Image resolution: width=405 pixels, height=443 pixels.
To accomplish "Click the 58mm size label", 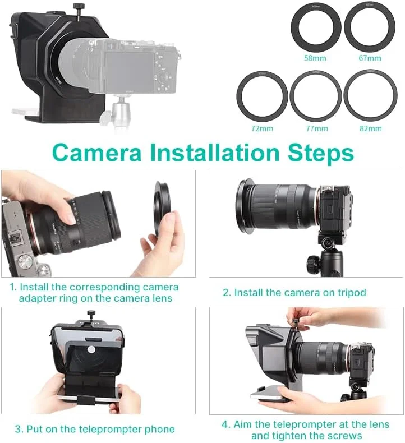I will coord(315,58).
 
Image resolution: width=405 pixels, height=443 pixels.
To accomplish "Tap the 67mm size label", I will coord(370,58).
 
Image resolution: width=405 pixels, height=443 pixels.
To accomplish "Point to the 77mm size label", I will coord(316,128).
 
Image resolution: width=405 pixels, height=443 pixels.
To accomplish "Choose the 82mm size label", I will coord(370,128).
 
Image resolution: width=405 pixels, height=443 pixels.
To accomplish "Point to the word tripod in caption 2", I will coord(350,293).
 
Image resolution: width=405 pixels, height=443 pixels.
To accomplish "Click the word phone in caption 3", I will coord(159,430).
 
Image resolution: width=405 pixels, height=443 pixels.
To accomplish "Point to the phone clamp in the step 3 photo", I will coord(90,399).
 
